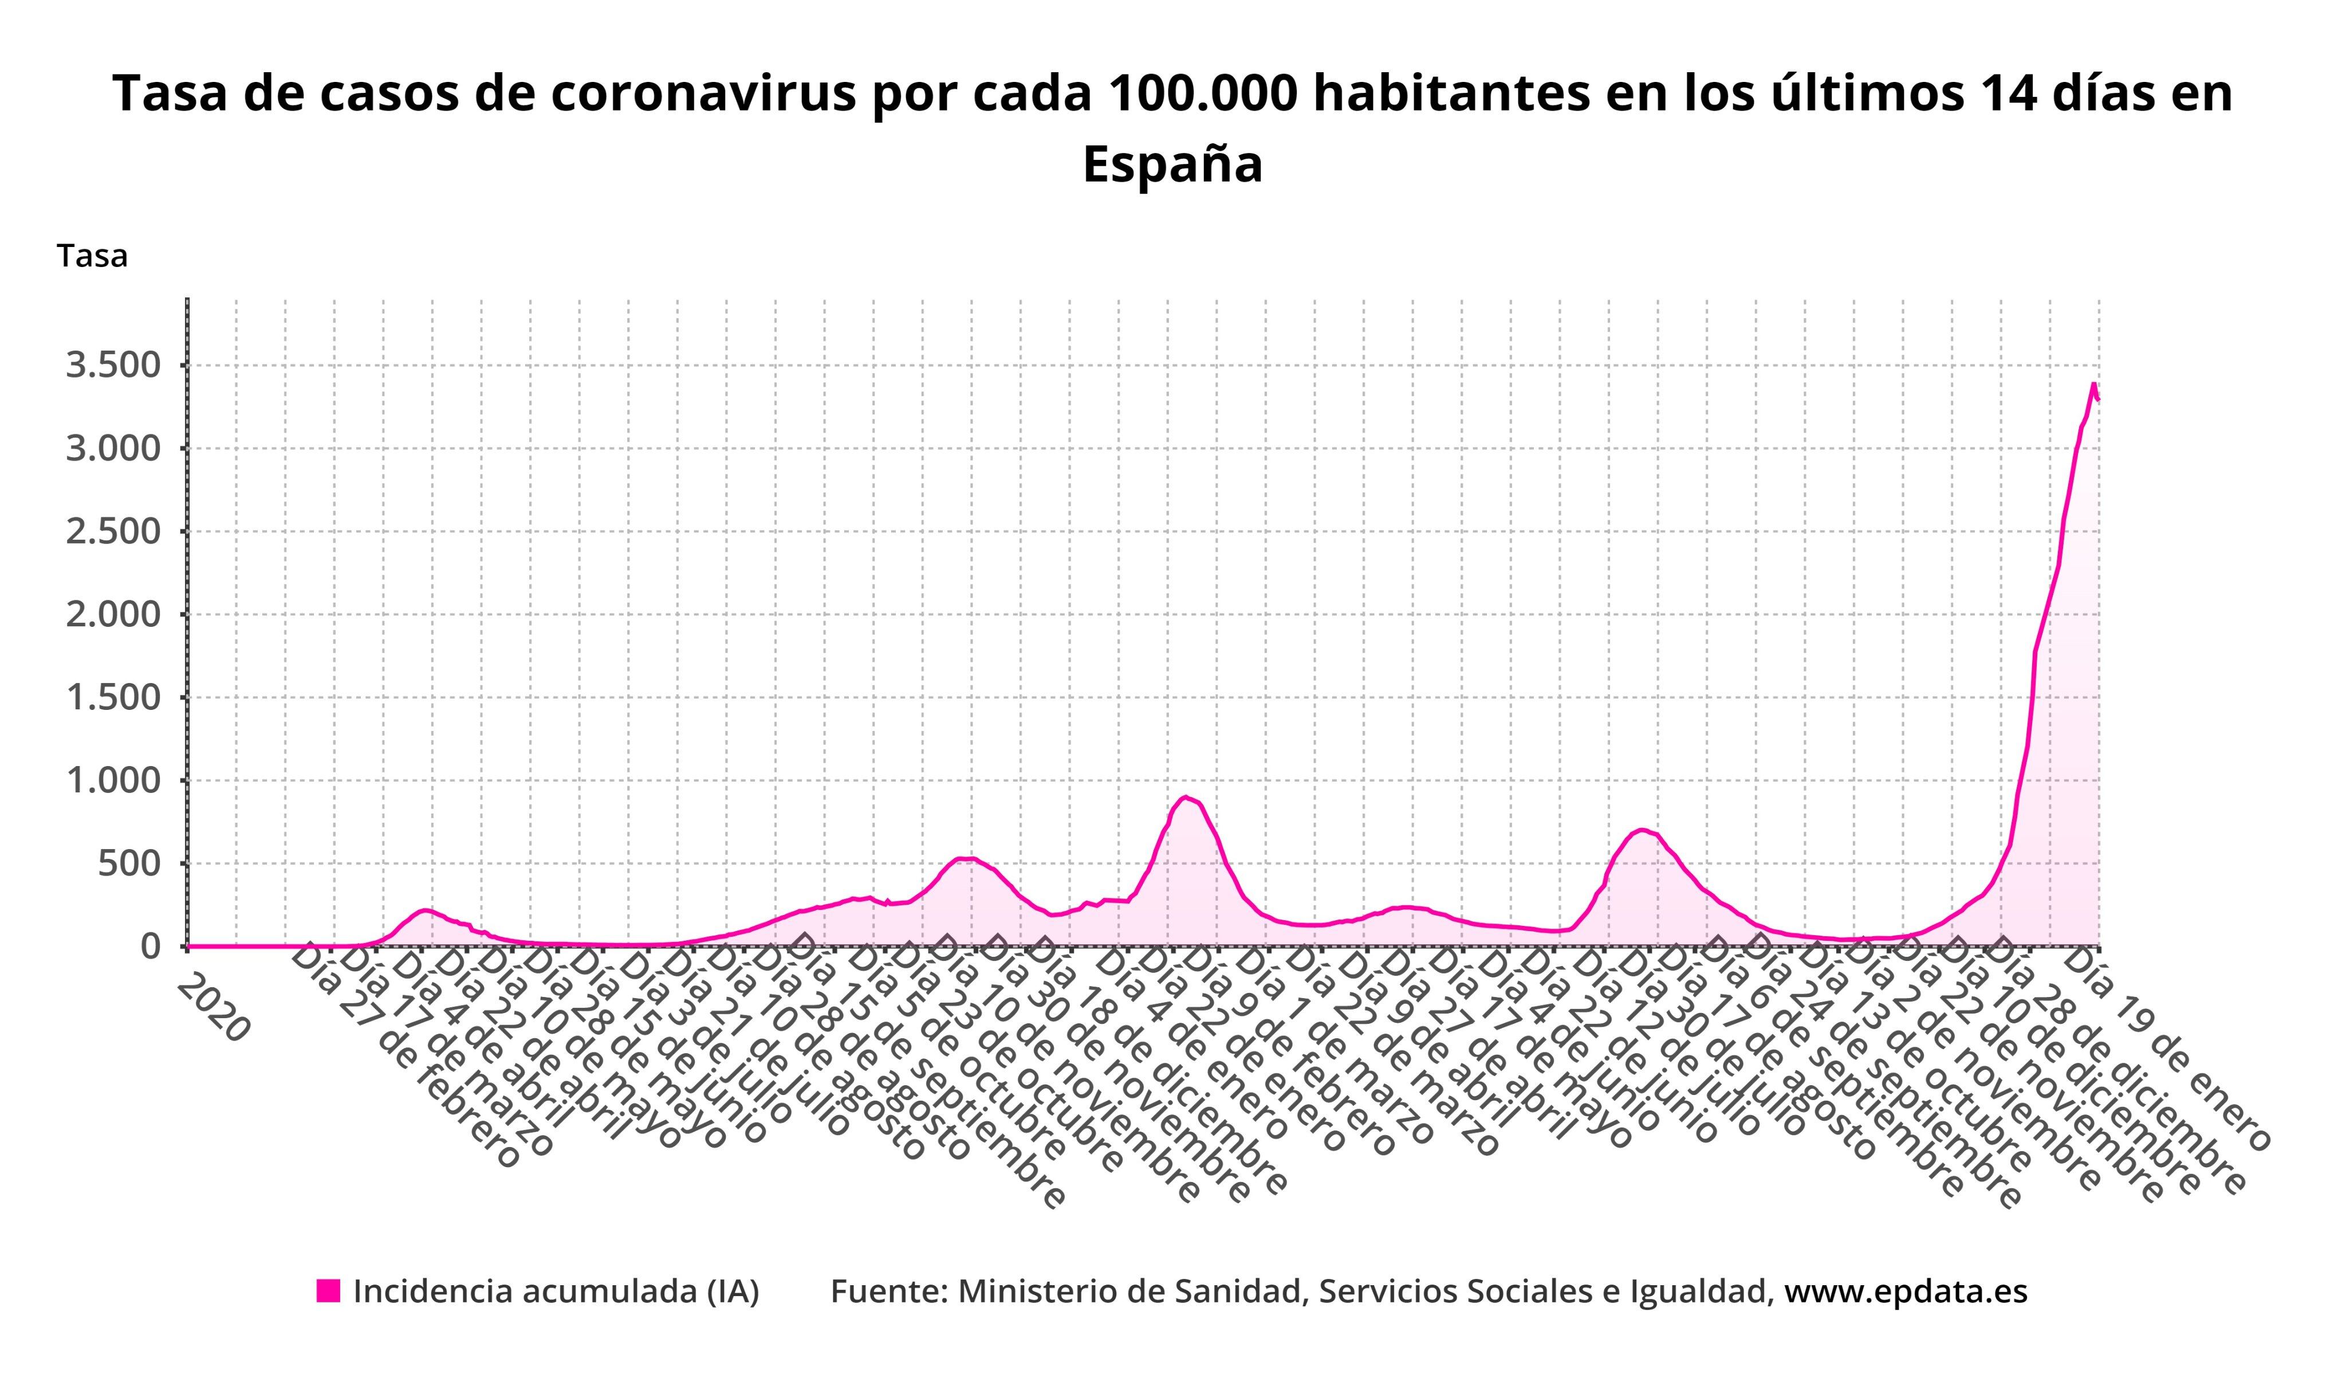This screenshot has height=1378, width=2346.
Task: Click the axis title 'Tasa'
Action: click(92, 257)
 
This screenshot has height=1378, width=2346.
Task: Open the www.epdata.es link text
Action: click(1906, 1291)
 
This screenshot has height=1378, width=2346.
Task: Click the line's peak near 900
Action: click(1185, 797)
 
